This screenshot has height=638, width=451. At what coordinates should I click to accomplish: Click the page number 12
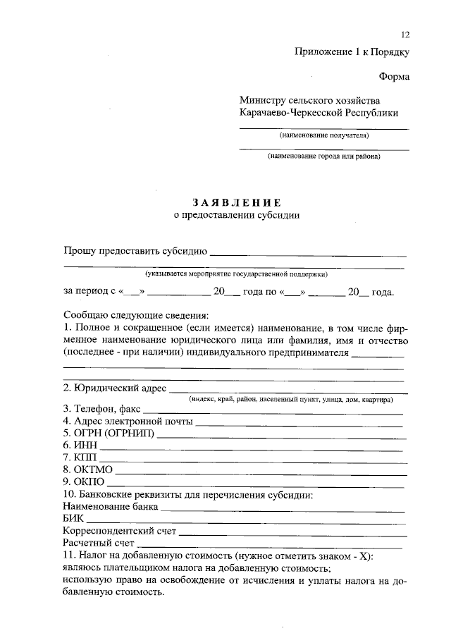point(404,35)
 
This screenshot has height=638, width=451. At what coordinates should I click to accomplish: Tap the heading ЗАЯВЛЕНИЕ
point(236,202)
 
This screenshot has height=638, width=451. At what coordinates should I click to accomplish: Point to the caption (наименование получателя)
point(323,135)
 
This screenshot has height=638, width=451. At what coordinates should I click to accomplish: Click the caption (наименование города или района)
point(323,156)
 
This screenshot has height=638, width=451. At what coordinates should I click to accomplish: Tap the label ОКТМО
point(87,470)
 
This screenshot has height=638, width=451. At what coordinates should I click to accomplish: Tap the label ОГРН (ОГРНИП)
point(109,433)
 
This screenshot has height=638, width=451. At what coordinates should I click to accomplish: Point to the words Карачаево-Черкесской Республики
point(319,113)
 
